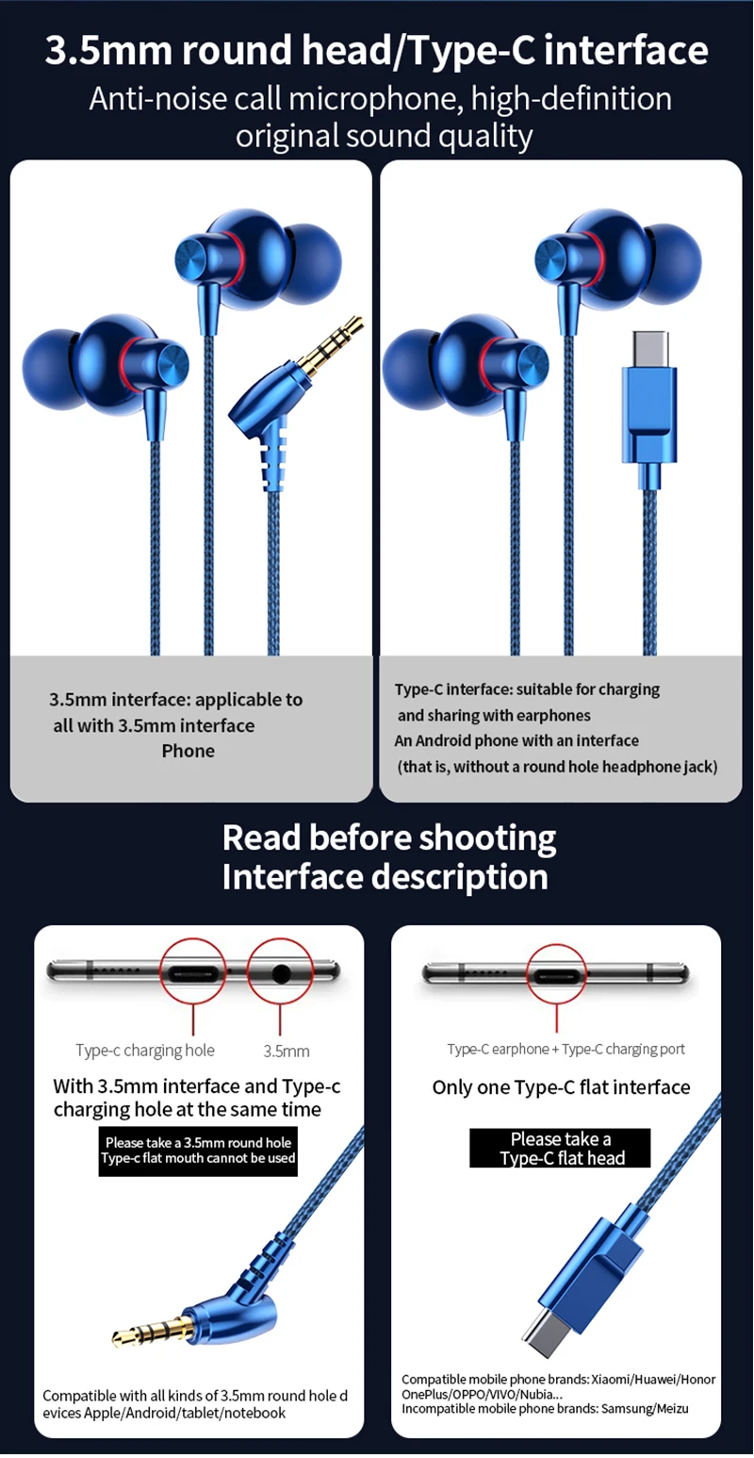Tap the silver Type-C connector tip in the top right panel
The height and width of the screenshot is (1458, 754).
(x=650, y=349)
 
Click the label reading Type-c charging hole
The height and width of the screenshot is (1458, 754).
(x=145, y=1050)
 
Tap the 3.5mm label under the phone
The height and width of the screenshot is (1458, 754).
(x=287, y=1051)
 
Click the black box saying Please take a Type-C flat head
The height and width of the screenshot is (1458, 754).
(x=560, y=1148)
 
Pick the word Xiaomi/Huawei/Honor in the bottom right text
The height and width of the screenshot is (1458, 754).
(x=653, y=1379)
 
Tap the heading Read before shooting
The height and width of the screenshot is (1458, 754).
(x=389, y=837)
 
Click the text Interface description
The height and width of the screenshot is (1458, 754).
(x=385, y=877)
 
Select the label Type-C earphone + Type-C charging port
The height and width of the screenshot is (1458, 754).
(x=566, y=1049)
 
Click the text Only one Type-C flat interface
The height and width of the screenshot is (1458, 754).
(x=561, y=1087)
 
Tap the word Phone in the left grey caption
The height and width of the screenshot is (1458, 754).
(x=188, y=751)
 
